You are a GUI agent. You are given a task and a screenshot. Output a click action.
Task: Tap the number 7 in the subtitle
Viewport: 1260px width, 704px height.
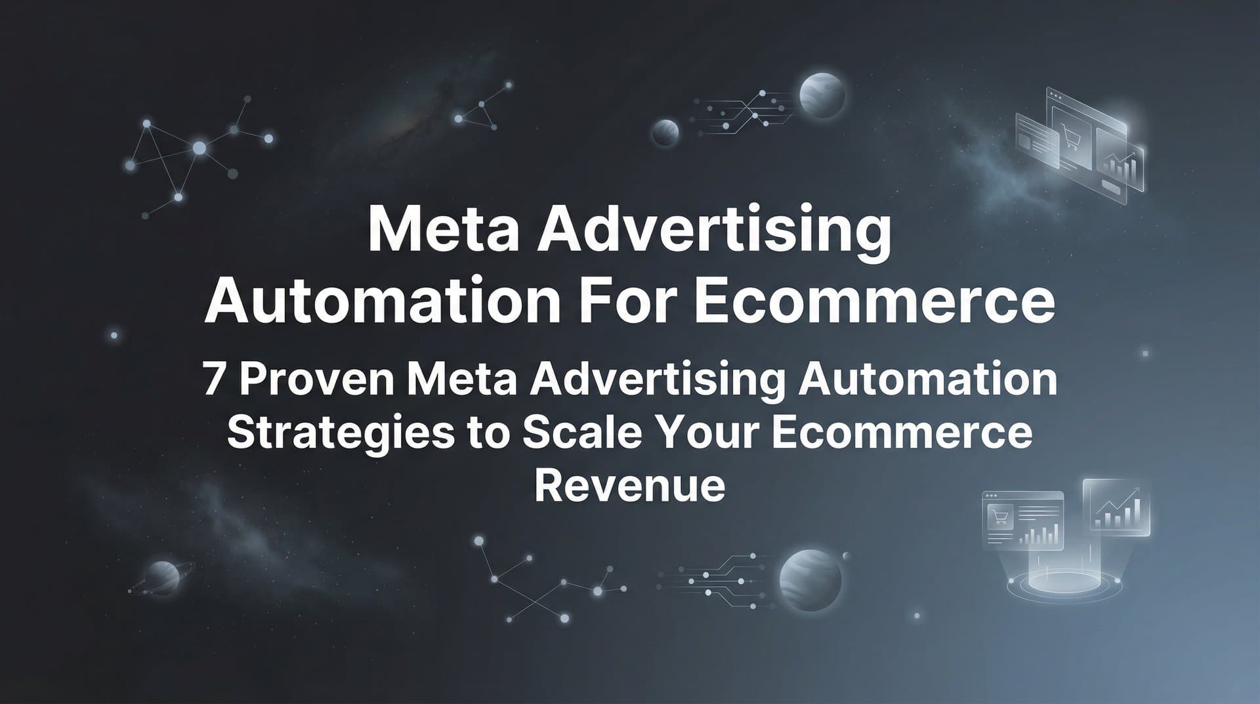(213, 380)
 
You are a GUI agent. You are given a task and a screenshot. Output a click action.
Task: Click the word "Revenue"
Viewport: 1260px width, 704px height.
(630, 485)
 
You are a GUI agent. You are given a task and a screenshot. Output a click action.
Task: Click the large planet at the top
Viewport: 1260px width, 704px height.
(822, 96)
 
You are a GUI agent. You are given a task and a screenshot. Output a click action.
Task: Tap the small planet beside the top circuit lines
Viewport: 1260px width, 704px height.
(665, 133)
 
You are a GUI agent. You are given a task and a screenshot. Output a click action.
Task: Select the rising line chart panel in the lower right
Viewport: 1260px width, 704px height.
(1115, 506)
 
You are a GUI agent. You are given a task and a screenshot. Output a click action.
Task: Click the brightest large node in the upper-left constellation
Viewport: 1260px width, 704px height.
(199, 149)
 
